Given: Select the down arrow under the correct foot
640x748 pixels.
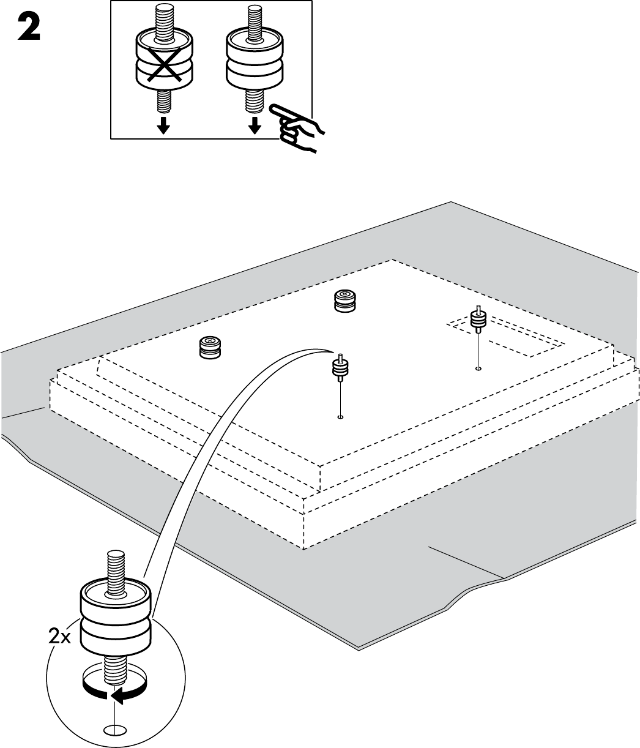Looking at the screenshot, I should tap(255, 125).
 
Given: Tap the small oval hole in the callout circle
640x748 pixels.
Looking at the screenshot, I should tap(114, 729).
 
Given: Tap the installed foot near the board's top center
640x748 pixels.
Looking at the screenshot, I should tap(345, 301).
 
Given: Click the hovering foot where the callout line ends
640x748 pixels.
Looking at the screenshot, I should tap(340, 367).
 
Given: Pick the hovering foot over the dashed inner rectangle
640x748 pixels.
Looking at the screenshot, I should tap(477, 319).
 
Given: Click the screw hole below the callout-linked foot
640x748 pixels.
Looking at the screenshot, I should tap(340, 417).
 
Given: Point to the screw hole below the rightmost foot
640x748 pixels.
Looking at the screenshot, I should tap(478, 369).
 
